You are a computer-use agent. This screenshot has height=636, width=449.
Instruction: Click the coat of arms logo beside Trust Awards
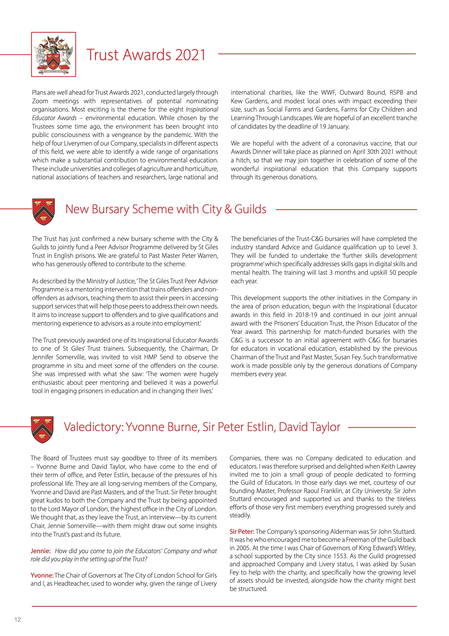53,54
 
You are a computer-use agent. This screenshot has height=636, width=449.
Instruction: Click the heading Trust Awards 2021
146,55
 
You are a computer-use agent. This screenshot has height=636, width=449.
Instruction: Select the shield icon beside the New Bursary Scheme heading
43,212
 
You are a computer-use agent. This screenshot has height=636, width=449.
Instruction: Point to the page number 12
18,620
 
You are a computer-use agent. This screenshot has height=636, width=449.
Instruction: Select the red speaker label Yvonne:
42,575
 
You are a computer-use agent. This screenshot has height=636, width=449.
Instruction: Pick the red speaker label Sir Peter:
242,532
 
